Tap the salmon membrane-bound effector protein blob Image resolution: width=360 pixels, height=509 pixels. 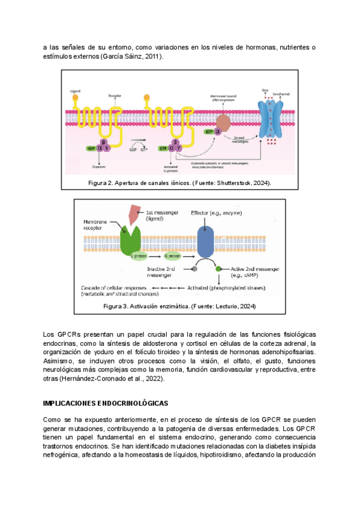pos(223,123)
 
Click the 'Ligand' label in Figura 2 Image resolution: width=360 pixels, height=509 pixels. pos(75,90)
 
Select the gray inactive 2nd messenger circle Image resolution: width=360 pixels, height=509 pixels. pos(194,268)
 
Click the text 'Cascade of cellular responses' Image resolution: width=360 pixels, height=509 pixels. pos(115,288)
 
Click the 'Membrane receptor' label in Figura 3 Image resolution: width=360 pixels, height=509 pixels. pos(95,224)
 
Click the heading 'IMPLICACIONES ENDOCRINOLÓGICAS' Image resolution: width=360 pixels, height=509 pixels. pos(106,403)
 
